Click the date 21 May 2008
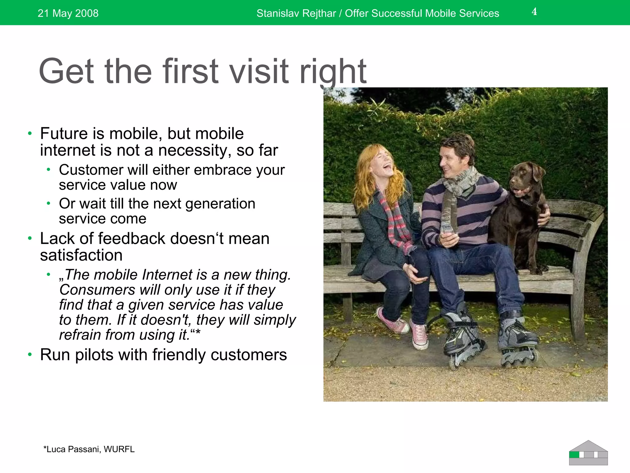pyautogui.click(x=68, y=13)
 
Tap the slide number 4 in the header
pyautogui.click(x=534, y=12)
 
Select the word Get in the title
pyautogui.click(x=66, y=71)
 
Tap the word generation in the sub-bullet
pyautogui.click(x=220, y=204)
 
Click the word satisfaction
pyautogui.click(x=81, y=255)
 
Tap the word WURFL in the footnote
pyautogui.click(x=119, y=449)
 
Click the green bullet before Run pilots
pyautogui.click(x=30, y=355)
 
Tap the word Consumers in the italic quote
pyautogui.click(x=97, y=290)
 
